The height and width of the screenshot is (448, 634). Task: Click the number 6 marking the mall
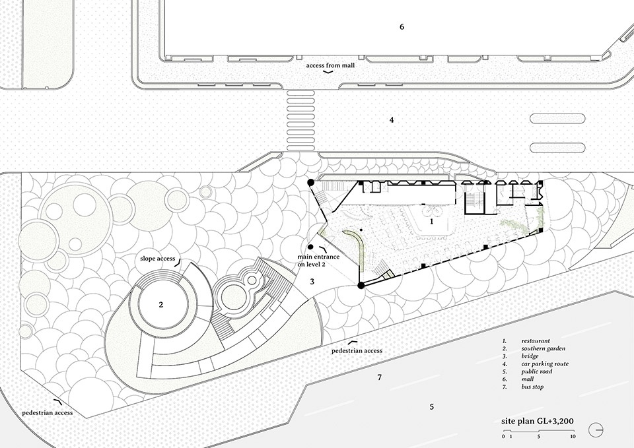pyautogui.click(x=401, y=27)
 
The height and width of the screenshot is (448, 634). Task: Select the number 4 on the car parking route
pyautogui.click(x=392, y=120)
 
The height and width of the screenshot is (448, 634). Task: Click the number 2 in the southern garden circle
pyautogui.click(x=160, y=305)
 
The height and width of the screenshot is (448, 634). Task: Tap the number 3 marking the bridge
pyautogui.click(x=313, y=282)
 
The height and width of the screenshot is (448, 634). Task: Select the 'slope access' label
pyautogui.click(x=157, y=259)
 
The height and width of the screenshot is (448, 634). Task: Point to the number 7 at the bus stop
pyautogui.click(x=379, y=377)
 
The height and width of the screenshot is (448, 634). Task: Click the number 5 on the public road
pyautogui.click(x=432, y=407)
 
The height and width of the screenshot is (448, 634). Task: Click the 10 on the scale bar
pyautogui.click(x=573, y=437)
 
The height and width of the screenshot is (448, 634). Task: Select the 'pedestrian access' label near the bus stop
pyautogui.click(x=357, y=351)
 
